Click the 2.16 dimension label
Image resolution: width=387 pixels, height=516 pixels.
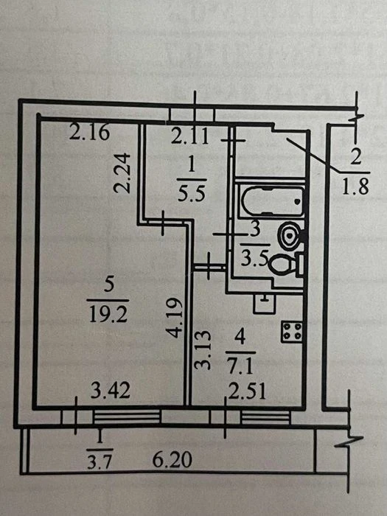pyautogui.click(x=89, y=132)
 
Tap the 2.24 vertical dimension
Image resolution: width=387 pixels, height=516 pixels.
pyautogui.click(x=122, y=173)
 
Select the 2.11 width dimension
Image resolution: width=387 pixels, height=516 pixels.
pyautogui.click(x=190, y=136)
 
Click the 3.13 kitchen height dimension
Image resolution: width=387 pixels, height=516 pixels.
pyautogui.click(x=202, y=350)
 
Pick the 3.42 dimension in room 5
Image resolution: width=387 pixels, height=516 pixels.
pyautogui.click(x=111, y=391)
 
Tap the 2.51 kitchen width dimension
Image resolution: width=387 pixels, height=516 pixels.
pyautogui.click(x=247, y=391)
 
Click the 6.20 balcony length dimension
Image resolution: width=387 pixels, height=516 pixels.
pyautogui.click(x=172, y=459)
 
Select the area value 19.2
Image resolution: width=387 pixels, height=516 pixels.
pyautogui.click(x=108, y=315)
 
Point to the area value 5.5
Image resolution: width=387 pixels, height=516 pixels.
pyautogui.click(x=192, y=193)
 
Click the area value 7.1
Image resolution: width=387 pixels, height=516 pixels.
pyautogui.click(x=240, y=366)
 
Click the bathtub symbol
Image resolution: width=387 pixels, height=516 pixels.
pyautogui.click(x=273, y=201)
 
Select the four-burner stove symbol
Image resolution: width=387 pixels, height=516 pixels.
pyautogui.click(x=292, y=332)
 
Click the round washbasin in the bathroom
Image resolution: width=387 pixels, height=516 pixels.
pyautogui.click(x=290, y=235)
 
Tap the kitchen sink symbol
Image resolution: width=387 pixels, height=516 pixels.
pyautogui.click(x=265, y=303)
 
